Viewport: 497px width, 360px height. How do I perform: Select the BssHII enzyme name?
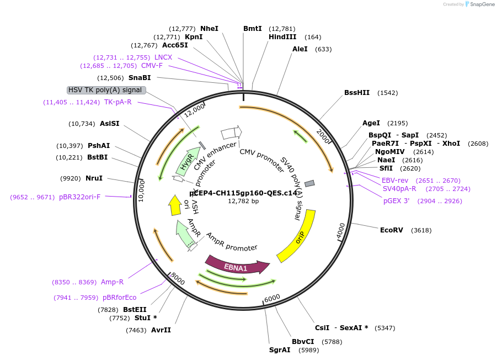coord(357,93)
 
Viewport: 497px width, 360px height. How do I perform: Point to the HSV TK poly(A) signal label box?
coord(106,90)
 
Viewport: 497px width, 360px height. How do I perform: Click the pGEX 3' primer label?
coord(396,201)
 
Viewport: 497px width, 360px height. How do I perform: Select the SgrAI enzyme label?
coord(280,350)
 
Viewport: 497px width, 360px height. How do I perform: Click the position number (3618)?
coord(421,230)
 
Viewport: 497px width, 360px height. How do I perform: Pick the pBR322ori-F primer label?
coord(80,197)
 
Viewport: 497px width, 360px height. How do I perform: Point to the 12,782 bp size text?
coord(243,202)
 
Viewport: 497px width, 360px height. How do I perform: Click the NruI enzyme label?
coord(94,178)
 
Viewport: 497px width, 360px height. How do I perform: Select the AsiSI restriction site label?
coord(110,124)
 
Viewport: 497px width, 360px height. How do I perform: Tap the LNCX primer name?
coord(163,57)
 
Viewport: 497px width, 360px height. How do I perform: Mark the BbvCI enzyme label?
coord(303,342)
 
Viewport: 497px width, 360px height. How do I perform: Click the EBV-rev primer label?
coord(395,181)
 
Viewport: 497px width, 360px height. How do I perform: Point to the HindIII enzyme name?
coord(282,37)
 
